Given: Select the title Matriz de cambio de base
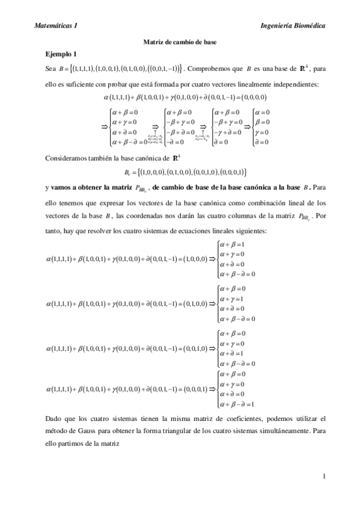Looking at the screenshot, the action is point(180,42).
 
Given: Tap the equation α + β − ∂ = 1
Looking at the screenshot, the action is point(240,404).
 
